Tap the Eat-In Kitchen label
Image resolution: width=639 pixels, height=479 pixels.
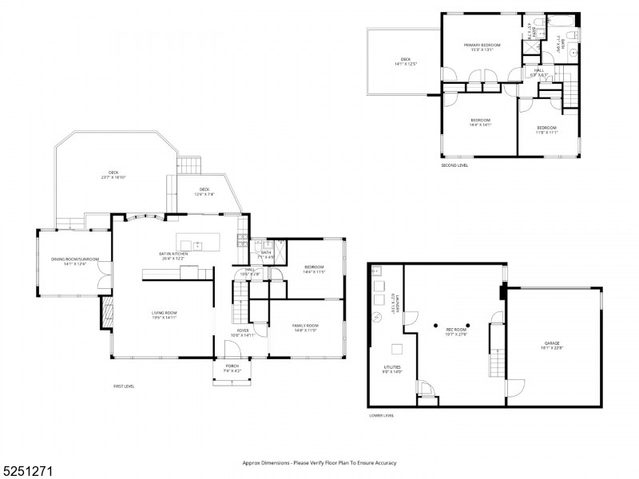(x=173, y=255)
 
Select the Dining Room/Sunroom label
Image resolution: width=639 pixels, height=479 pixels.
(x=73, y=260)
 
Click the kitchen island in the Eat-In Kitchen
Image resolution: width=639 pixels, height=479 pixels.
(x=197, y=243)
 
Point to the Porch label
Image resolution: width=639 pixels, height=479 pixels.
(x=232, y=367)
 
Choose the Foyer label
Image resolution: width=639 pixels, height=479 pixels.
(x=242, y=332)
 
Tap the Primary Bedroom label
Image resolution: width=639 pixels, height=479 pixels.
(x=482, y=46)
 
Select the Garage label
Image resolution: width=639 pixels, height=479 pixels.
(x=552, y=346)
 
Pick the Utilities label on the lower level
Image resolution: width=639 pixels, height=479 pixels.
(x=392, y=369)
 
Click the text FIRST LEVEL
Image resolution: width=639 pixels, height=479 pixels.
(x=124, y=386)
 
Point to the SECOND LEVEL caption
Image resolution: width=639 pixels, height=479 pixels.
(x=454, y=165)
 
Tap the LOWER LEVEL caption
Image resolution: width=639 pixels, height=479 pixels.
(x=381, y=415)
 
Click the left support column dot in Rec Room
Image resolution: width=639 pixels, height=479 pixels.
(x=435, y=325)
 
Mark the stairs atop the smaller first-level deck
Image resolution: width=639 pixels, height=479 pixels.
(x=188, y=165)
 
